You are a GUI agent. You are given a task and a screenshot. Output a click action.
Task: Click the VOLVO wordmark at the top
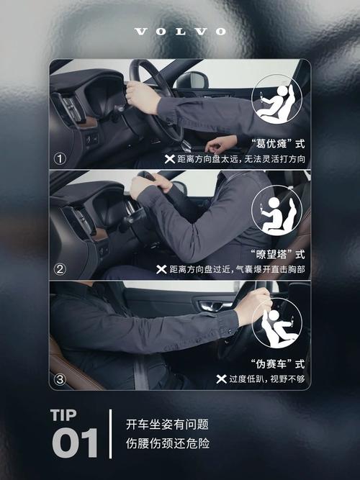pos(180,32)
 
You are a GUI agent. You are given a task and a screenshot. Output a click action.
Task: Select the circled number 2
pos(60,270)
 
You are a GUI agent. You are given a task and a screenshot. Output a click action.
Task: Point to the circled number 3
pos(60,379)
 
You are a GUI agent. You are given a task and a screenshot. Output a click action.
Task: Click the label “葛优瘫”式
pos(277,142)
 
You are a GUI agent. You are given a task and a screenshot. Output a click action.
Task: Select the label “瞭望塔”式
pos(277,254)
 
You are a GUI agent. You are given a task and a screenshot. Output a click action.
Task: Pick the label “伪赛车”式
pos(277,363)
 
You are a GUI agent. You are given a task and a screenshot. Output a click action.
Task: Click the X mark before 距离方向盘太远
pos(170,158)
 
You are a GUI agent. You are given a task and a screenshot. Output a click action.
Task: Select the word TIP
pos(68,415)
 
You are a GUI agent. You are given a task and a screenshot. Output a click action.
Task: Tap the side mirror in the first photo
pos(192,80)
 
